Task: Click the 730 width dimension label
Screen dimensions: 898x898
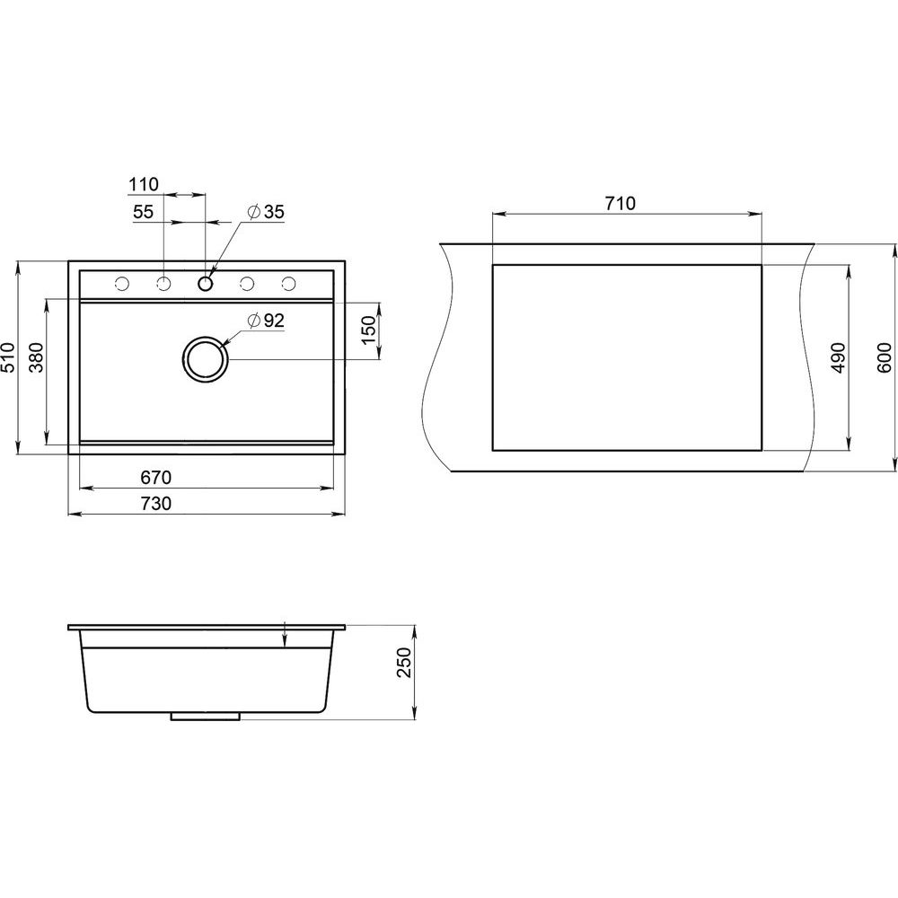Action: click(x=155, y=504)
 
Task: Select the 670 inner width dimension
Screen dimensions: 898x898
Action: click(x=155, y=477)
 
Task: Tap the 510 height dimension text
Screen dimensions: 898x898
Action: click(x=8, y=357)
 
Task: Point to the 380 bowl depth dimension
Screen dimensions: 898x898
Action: click(x=36, y=357)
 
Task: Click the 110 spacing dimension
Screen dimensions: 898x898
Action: click(x=143, y=184)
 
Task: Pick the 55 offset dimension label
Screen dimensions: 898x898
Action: click(x=143, y=212)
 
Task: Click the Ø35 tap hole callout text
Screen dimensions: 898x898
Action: click(x=266, y=212)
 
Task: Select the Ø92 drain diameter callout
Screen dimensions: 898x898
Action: click(x=266, y=321)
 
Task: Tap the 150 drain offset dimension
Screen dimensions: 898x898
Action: click(x=369, y=330)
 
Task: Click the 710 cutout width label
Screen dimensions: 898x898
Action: click(x=621, y=203)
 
